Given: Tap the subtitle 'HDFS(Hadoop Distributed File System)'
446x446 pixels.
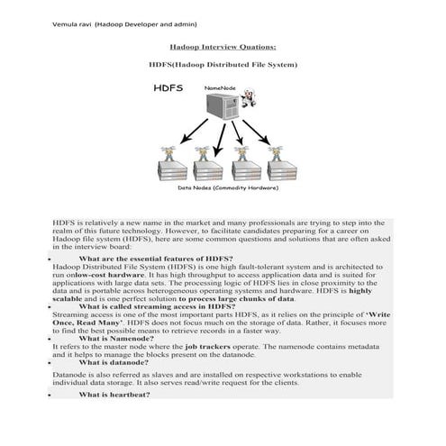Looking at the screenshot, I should click(223, 65).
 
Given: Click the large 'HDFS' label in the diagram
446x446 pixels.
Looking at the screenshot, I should click(168, 89).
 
